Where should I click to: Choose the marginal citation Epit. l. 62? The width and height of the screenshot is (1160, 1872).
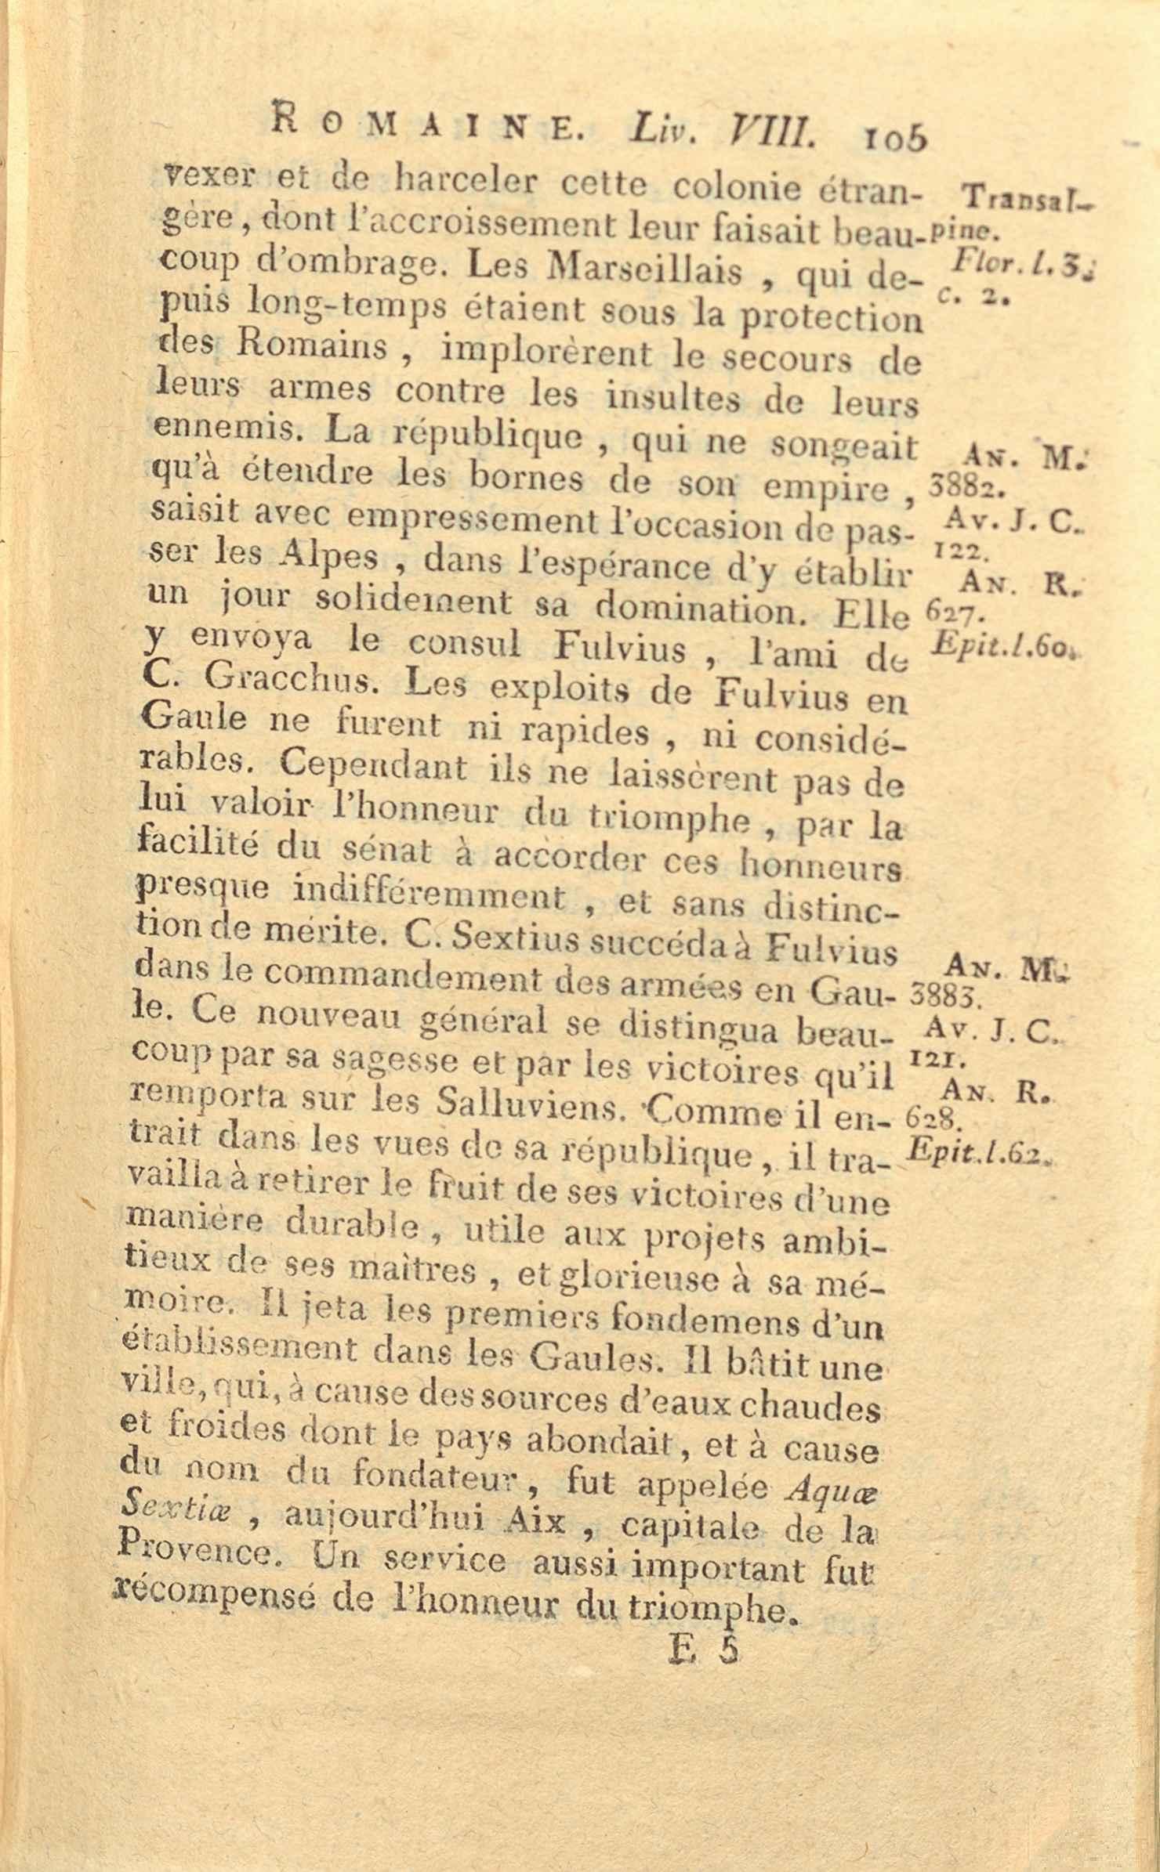[980, 1151]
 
